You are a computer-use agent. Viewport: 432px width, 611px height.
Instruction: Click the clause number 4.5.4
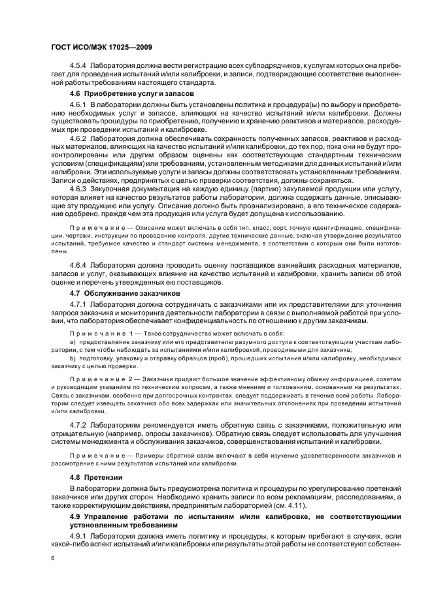click(x=78, y=66)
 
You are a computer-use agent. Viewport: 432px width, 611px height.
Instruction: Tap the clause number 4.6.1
click(x=78, y=104)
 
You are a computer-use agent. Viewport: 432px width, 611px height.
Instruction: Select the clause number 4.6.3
click(x=78, y=189)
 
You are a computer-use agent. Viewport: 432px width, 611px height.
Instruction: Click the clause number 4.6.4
click(x=78, y=266)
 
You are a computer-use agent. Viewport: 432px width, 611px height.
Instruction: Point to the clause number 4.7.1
click(x=78, y=305)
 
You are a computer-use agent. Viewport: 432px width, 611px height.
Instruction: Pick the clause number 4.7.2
click(x=78, y=425)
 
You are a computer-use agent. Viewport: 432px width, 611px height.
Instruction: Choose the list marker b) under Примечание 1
click(x=73, y=358)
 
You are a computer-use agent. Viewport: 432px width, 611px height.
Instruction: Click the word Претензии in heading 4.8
click(x=102, y=478)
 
